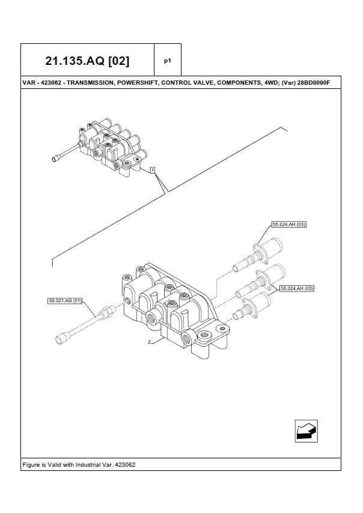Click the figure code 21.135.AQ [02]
[87, 61]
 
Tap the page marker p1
[168, 61]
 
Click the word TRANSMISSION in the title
[90, 83]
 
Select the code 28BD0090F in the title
[314, 83]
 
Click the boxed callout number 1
[153, 170]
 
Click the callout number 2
[149, 342]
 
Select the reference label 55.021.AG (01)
[65, 300]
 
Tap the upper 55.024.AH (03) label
[289, 225]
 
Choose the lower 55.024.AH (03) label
[297, 288]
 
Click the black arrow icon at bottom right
[307, 431]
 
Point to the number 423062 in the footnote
[125, 464]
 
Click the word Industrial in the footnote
[87, 464]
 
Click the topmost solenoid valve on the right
[258, 255]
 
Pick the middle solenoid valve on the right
[260, 281]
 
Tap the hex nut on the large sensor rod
[108, 312]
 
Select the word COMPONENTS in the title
[240, 83]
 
